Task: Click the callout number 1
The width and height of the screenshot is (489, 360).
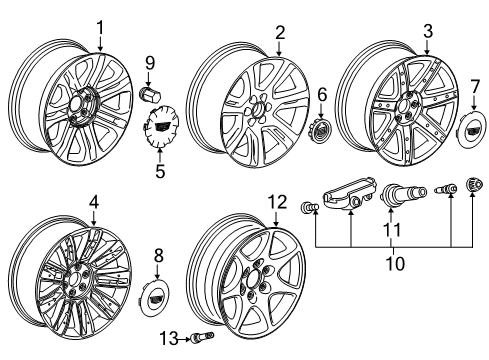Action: [x=100, y=26]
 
